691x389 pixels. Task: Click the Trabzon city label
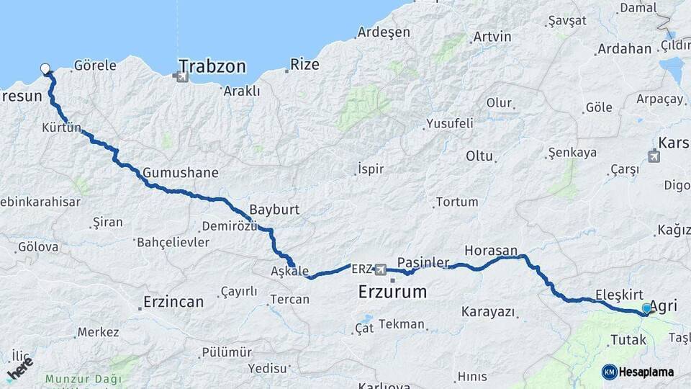pyautogui.click(x=212, y=67)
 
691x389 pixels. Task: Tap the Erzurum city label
pyautogui.click(x=392, y=292)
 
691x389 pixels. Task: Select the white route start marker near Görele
pyautogui.click(x=46, y=70)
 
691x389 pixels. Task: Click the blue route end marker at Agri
pyautogui.click(x=646, y=308)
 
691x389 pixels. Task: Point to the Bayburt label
pyautogui.click(x=274, y=210)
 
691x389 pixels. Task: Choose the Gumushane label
pyautogui.click(x=180, y=173)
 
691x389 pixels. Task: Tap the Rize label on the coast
pyautogui.click(x=304, y=65)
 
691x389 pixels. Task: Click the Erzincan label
pyautogui.click(x=173, y=301)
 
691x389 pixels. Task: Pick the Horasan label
pyautogui.click(x=491, y=251)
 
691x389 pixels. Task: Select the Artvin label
pyautogui.click(x=492, y=37)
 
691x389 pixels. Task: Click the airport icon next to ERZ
pyautogui.click(x=380, y=270)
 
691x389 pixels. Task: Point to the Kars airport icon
pyautogui.click(x=654, y=156)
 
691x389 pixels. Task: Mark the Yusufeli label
pyautogui.click(x=450, y=123)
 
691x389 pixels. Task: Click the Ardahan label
pyautogui.click(x=623, y=49)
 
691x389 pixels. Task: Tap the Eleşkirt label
pyautogui.click(x=619, y=295)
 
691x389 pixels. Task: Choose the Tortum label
pyautogui.click(x=456, y=202)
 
